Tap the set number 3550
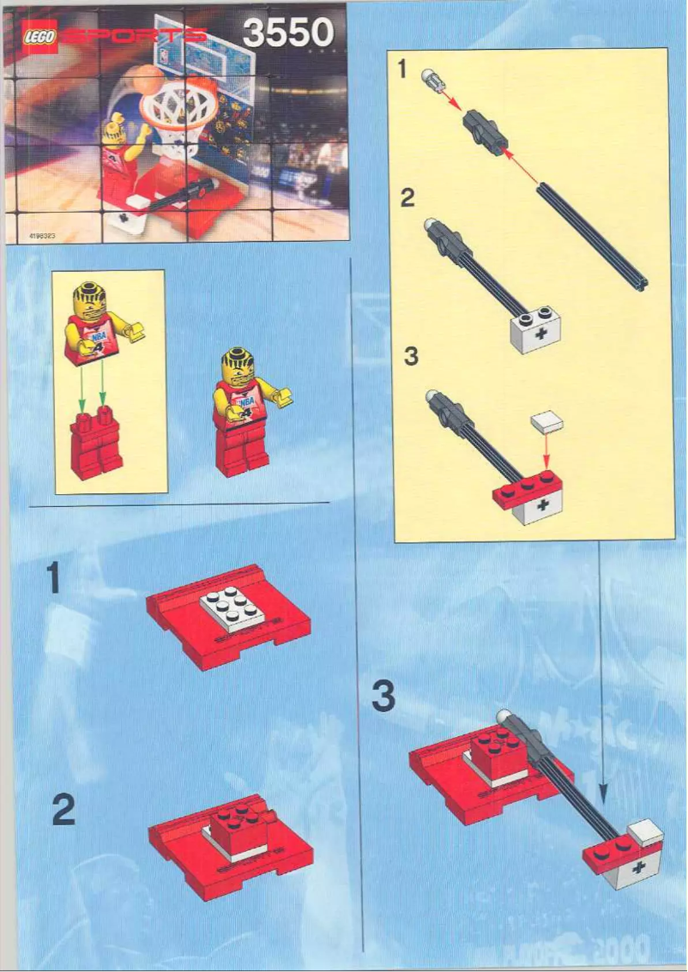pos(287,33)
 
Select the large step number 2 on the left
pos(64,811)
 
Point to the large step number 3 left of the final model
pos(383,697)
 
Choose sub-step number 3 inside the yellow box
pos(411,355)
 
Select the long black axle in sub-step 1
pos(591,231)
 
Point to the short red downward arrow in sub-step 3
pos(546,455)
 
